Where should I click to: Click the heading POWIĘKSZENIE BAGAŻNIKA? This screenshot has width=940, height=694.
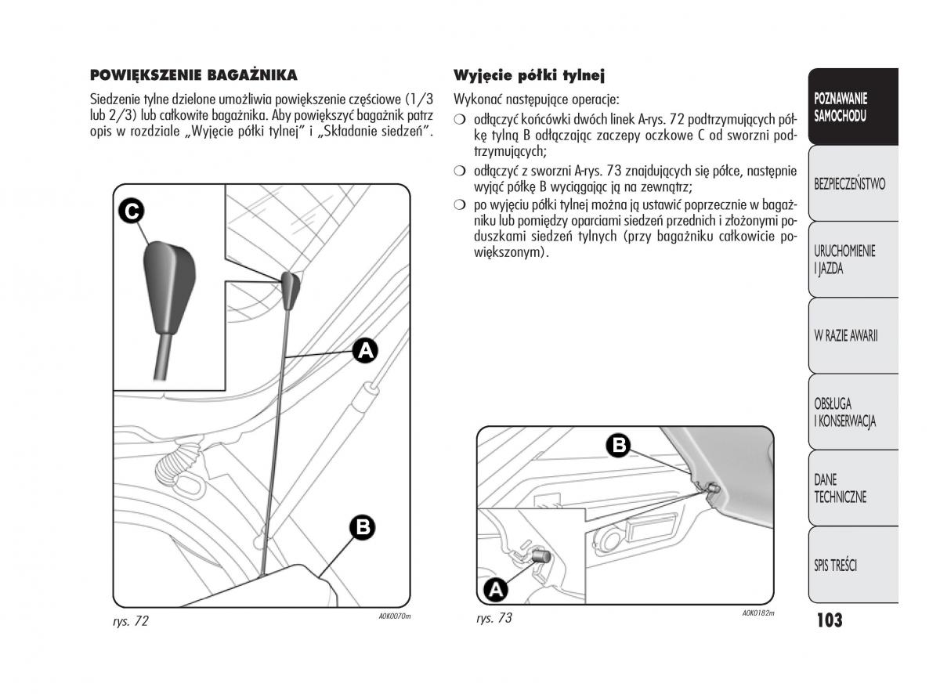[193, 75]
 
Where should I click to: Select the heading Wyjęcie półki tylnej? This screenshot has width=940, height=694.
[530, 75]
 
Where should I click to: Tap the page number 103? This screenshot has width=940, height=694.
[829, 620]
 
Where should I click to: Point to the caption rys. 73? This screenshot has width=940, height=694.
[493, 618]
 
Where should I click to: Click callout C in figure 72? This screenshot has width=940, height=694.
[132, 211]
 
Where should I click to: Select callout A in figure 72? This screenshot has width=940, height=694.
[364, 351]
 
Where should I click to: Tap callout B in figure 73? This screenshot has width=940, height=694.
[618, 446]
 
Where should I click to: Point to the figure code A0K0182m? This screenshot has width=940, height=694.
[757, 613]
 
